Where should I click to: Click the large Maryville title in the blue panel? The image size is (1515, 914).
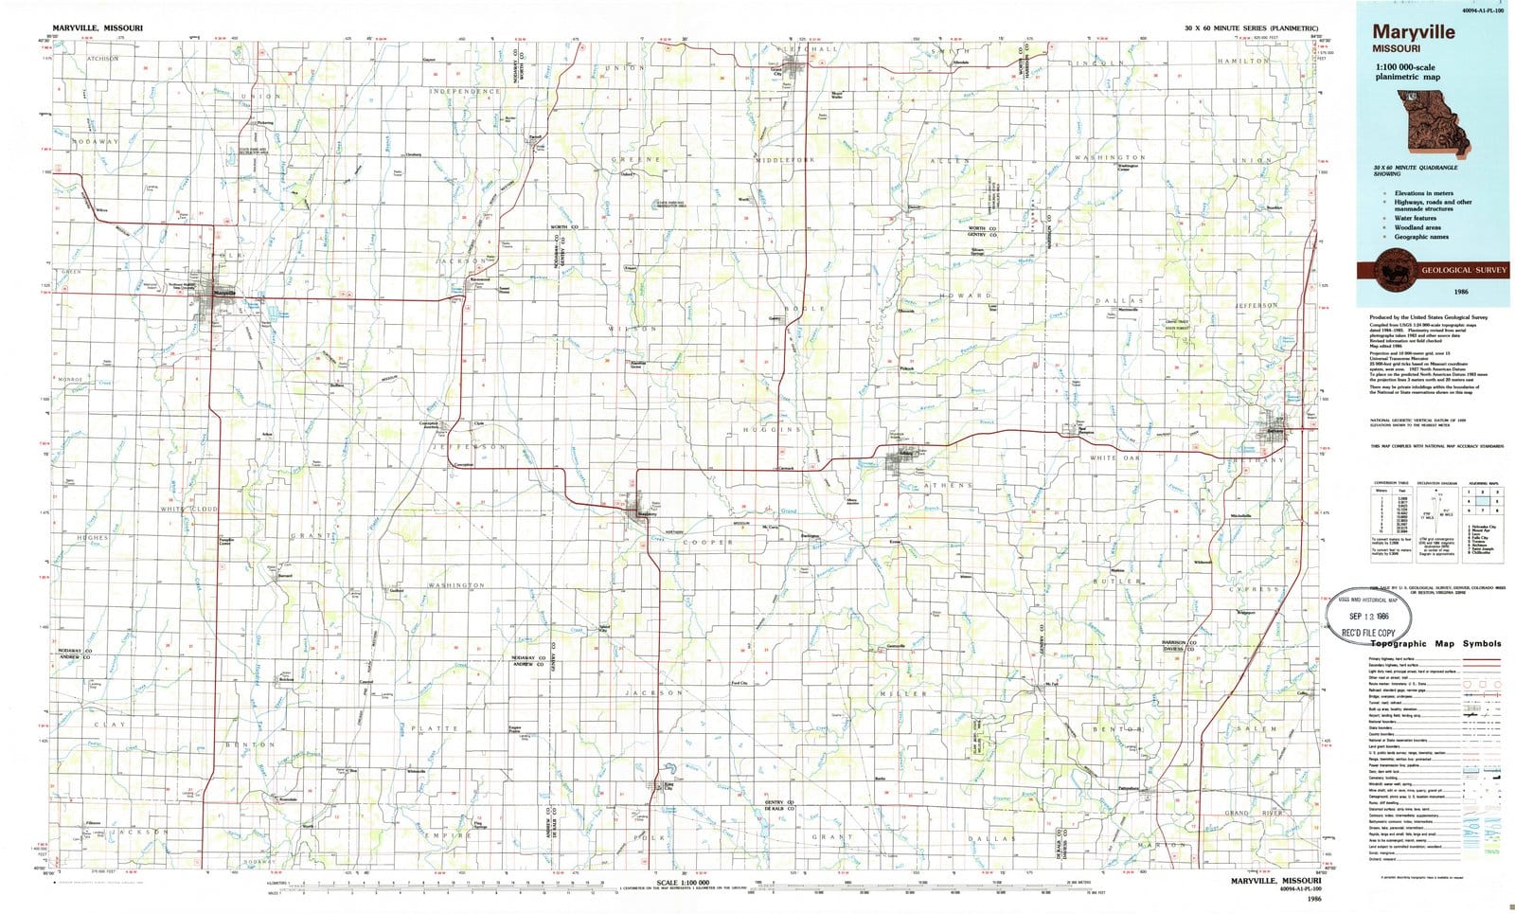point(1417,31)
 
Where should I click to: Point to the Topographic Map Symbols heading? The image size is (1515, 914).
point(1435,643)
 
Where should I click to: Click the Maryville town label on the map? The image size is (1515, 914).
point(225,293)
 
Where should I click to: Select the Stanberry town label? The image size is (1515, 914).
point(647,514)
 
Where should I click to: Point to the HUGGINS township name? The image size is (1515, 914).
point(772,429)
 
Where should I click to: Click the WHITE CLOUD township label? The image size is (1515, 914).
point(189,509)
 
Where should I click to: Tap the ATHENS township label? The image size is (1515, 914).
point(947,485)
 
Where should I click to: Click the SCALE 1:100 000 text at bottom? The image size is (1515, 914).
point(676,883)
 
